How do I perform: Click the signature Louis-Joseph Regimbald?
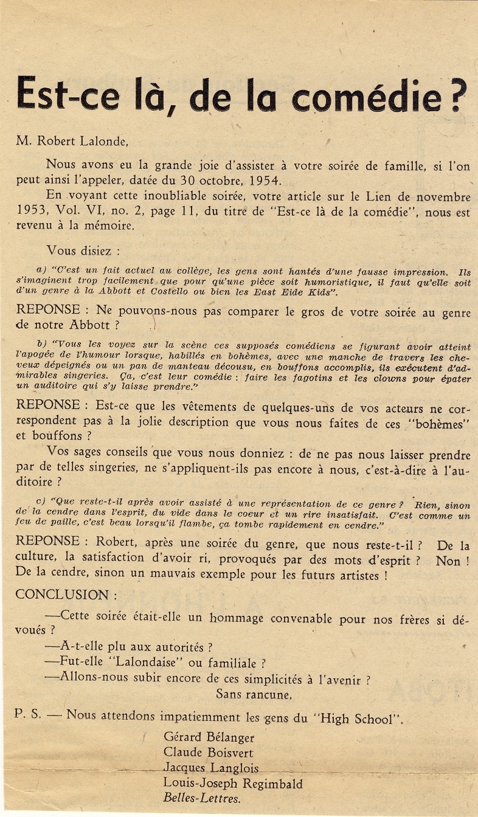click(232, 784)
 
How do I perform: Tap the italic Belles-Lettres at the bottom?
click(201, 799)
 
